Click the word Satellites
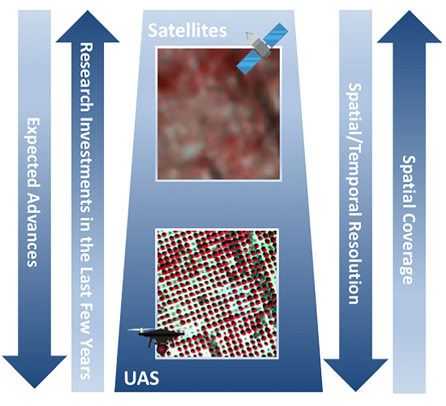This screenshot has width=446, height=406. [x=187, y=30]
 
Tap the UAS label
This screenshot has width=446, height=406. [x=141, y=378]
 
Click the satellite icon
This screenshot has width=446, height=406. [x=262, y=49]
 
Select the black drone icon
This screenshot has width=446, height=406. [x=156, y=339]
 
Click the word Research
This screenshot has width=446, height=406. [x=86, y=77]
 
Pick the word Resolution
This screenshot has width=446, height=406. [x=355, y=259]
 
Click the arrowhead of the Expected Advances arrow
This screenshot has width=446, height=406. [x=34, y=372]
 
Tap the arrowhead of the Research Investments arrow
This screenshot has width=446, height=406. [x=88, y=26]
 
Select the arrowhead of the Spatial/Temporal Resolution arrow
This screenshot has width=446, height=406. [x=355, y=375]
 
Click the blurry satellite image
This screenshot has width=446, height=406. [x=219, y=114]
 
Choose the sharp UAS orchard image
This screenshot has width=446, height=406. [x=217, y=293]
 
